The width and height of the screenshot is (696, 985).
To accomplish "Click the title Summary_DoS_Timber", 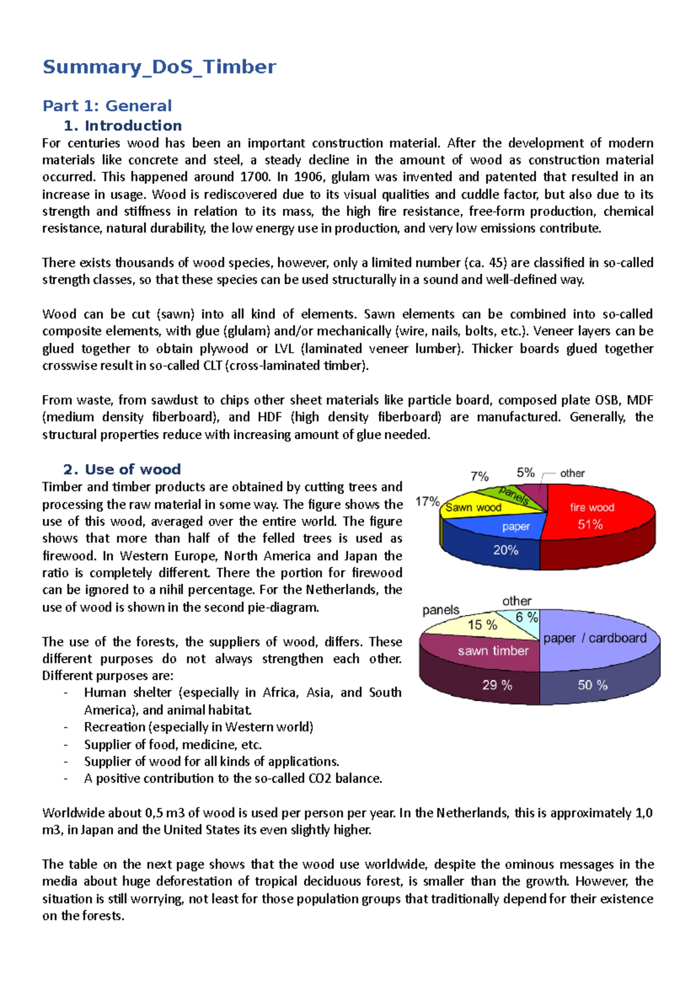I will click(x=159, y=67).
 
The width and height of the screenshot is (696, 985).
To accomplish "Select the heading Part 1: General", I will click(x=107, y=106).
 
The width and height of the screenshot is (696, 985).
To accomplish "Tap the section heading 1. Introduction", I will click(x=122, y=125).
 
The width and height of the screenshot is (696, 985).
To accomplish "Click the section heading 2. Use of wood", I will click(x=122, y=469).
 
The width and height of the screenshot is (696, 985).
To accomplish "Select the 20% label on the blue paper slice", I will click(x=505, y=550).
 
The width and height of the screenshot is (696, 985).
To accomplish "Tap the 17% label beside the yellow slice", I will click(x=427, y=501).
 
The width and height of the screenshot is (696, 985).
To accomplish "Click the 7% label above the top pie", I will click(x=479, y=476).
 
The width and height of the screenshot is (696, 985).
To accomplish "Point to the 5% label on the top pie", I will click(x=525, y=473).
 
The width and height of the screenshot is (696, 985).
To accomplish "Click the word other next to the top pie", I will click(x=572, y=473).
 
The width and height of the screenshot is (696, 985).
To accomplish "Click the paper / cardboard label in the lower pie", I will click(x=594, y=638).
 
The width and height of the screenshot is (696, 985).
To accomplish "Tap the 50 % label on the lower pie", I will click(x=592, y=685).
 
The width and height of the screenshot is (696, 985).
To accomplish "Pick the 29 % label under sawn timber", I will click(x=497, y=685).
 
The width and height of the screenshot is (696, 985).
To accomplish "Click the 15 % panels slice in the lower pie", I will click(x=482, y=625).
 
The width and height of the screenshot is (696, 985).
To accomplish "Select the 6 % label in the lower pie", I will click(x=527, y=617).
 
